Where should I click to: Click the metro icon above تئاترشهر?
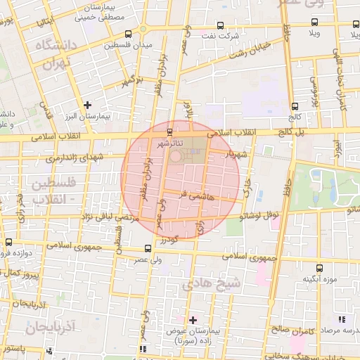[169, 131]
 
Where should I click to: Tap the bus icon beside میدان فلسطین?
[127, 34]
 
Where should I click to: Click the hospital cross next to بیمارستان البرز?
[87, 105]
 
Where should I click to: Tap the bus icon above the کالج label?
[294, 106]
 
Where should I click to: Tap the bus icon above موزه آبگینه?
[319, 268]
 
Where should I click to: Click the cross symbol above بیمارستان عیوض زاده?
[193, 320]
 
